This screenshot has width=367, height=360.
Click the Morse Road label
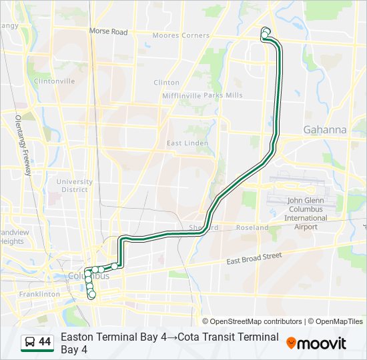click(108, 31)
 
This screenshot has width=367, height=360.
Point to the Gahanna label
click(325, 130)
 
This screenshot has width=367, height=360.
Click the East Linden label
click(188, 143)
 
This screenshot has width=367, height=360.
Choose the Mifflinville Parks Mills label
click(202, 95)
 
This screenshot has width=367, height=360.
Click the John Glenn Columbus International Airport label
click(306, 213)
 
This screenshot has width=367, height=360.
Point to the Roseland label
click(252, 227)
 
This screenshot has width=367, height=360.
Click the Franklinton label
click(39, 294)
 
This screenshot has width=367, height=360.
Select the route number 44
click(45, 342)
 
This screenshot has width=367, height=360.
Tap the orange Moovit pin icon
click(291, 343)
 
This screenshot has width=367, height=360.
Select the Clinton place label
click(167, 83)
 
